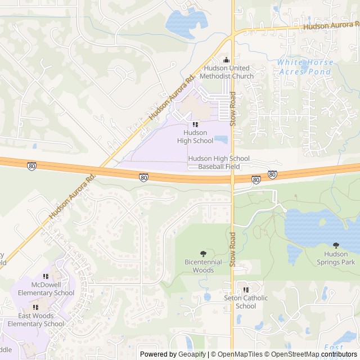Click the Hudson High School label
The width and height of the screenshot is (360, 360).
195,137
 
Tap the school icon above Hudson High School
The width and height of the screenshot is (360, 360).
195,124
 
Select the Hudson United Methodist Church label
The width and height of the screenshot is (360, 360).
227,72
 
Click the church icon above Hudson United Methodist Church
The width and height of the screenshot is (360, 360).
227,60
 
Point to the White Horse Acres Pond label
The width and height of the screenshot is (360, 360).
305,67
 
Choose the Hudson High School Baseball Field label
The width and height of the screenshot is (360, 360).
219,163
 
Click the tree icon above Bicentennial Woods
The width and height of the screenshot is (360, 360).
203,254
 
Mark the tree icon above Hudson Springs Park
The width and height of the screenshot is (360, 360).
336,245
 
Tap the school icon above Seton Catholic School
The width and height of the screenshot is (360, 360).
245,290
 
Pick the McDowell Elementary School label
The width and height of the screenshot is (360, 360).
46,289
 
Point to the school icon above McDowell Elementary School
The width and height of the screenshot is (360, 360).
46,277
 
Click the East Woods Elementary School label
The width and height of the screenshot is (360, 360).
37,319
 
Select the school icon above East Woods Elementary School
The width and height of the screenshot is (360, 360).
36,308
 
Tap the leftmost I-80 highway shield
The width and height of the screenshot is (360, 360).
31,166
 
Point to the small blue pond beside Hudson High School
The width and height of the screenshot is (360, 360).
220,139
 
